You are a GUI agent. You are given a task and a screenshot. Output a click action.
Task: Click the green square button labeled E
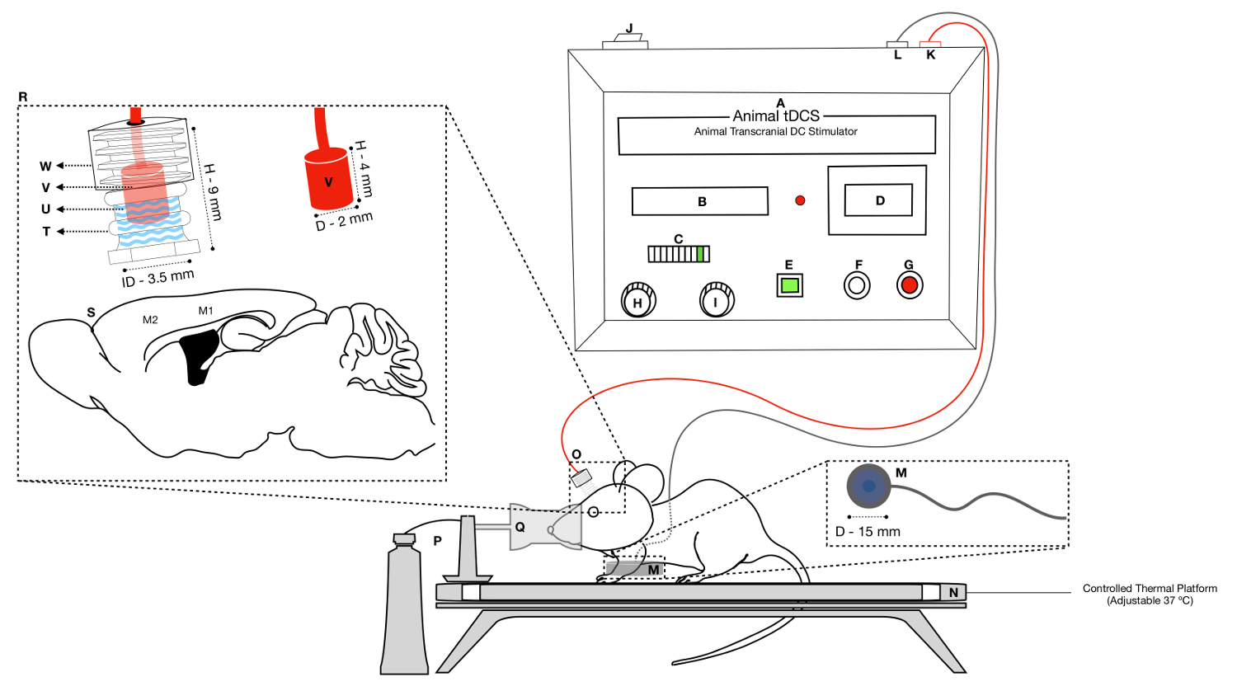pos(789,285)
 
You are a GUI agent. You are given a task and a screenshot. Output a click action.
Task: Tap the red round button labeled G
pos(909,285)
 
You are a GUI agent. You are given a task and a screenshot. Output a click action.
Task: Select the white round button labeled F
pos(857,285)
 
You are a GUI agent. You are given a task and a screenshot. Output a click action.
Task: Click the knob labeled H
pos(637,301)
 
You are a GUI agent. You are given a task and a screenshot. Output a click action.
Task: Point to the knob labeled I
pos(716,301)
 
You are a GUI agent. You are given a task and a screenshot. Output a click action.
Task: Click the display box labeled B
pos(699,201)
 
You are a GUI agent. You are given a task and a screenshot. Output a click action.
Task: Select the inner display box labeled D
pos(878,200)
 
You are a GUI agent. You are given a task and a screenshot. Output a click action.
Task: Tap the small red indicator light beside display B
pos(799,200)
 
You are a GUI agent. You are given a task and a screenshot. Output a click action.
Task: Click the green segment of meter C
pos(700,254)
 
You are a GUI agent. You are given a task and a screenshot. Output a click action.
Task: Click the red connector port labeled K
pos(930,44)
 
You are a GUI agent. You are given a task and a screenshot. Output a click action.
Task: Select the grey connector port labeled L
pos(896,44)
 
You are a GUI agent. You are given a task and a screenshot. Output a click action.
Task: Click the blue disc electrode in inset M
pos(868,487)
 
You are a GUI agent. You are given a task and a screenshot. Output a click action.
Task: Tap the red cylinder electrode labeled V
pos(328,180)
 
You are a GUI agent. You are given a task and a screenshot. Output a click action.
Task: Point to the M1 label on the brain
pos(205,311)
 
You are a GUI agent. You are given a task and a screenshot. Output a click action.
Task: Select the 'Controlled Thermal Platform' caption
pos(1150,589)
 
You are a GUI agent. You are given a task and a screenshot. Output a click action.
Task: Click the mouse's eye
pos(593,512)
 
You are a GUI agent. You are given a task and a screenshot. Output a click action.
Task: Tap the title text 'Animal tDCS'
pos(776,116)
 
